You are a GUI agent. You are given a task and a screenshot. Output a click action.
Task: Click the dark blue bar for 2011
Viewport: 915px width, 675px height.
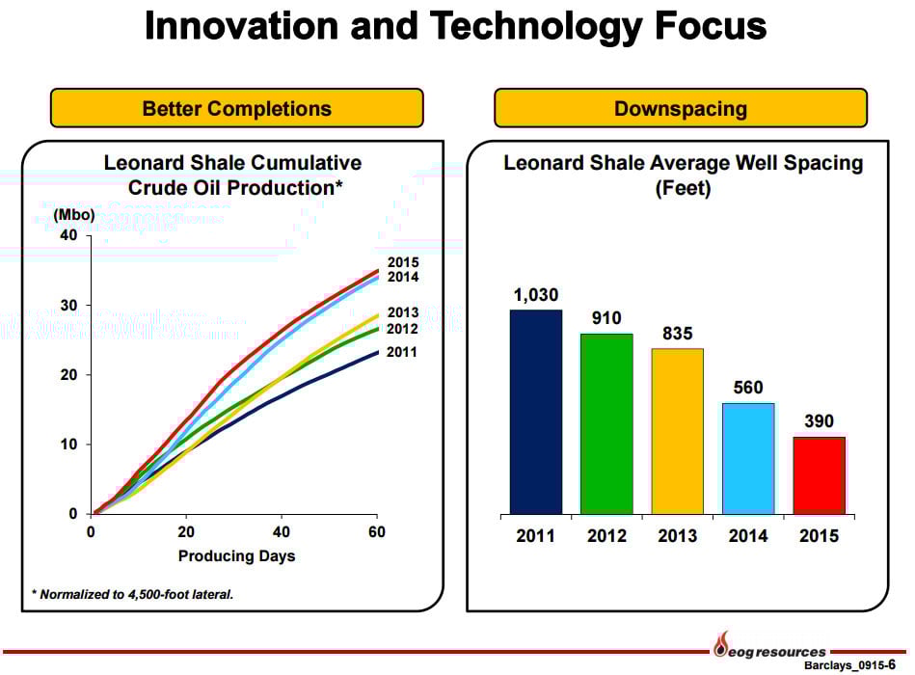click(535, 412)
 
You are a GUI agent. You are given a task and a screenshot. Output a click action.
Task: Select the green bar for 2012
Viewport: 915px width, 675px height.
click(606, 423)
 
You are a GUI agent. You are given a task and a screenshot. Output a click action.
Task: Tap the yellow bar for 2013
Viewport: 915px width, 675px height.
click(677, 431)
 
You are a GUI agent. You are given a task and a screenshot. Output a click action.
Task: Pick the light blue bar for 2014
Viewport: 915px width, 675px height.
click(748, 458)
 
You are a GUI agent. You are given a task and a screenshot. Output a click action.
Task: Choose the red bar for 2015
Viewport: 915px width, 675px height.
click(819, 475)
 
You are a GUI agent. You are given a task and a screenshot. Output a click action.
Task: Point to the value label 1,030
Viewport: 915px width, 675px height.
click(535, 295)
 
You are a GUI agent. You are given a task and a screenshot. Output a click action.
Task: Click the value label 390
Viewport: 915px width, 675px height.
click(819, 422)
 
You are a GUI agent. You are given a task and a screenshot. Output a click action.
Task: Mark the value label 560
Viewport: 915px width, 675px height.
click(748, 389)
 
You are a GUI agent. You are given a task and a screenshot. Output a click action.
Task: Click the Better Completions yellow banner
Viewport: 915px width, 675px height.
click(236, 108)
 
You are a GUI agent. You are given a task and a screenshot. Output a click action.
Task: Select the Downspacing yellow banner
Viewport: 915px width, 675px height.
click(681, 108)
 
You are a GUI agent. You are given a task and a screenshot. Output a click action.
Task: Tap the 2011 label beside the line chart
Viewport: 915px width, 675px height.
click(402, 352)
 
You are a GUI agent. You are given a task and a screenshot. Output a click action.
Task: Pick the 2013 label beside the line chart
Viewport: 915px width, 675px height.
click(402, 312)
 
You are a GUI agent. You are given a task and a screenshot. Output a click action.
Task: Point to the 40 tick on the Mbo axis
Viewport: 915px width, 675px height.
click(70, 236)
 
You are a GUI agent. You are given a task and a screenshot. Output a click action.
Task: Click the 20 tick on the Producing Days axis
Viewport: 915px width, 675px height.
click(186, 532)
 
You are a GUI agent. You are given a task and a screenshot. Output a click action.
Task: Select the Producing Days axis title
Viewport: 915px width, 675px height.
click(236, 555)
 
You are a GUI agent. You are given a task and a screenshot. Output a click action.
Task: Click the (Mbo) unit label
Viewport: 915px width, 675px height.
click(73, 214)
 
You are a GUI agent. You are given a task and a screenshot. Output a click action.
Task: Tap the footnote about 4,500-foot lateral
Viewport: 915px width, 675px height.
click(132, 594)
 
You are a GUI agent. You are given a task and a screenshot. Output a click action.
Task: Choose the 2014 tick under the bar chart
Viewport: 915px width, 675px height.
click(748, 536)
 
